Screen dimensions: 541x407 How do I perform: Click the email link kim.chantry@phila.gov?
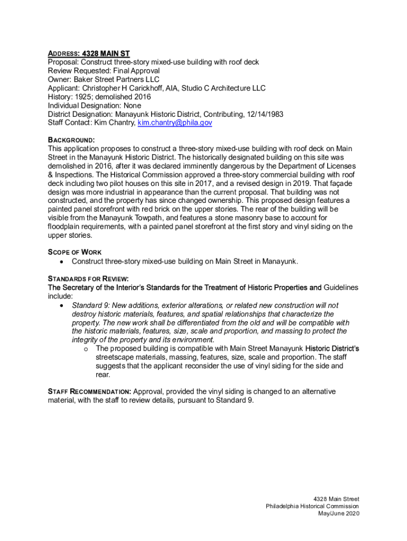click(175, 123)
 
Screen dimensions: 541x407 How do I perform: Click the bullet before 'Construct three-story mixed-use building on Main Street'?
click(62, 262)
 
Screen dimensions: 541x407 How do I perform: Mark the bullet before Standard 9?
click(62, 305)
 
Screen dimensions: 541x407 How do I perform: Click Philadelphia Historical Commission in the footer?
click(312, 506)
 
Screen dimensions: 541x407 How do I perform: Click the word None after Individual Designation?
click(132, 106)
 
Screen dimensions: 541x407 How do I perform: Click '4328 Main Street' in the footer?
click(336, 499)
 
